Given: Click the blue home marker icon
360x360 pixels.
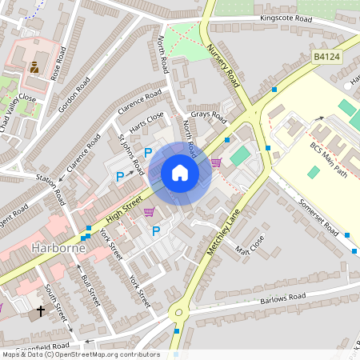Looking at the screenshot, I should (x=180, y=173).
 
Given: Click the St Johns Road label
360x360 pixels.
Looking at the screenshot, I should (x=131, y=154).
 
